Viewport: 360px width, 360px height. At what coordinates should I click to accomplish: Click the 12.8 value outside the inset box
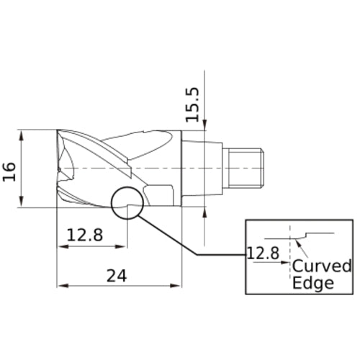[85, 235]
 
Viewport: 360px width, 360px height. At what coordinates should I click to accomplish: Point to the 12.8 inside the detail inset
[262, 253]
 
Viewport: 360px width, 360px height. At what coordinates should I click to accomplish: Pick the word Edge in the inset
[312, 283]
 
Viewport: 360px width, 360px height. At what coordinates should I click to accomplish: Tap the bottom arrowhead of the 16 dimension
[23, 203]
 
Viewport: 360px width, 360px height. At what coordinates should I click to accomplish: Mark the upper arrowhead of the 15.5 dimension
[205, 127]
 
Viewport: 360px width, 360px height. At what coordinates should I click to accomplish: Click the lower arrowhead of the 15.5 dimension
[205, 210]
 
